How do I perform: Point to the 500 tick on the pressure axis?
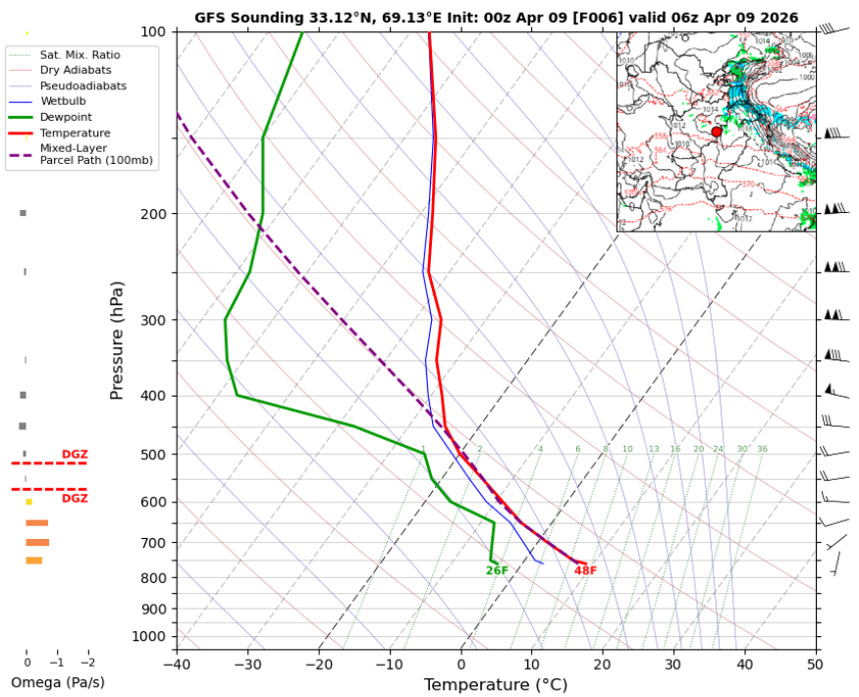pyautogui.click(x=154, y=455)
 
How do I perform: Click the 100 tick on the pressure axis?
pyautogui.click(x=154, y=32)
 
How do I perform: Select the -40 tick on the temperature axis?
pyautogui.click(x=177, y=664)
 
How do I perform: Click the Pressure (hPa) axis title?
pyautogui.click(x=118, y=340)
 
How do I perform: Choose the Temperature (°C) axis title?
pyautogui.click(x=496, y=684)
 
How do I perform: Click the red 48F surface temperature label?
pyautogui.click(x=585, y=570)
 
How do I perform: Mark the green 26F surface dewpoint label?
pyautogui.click(x=497, y=570)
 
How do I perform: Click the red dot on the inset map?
pyautogui.click(x=717, y=132)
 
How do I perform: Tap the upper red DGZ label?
pyautogui.click(x=75, y=455)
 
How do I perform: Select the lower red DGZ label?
pyautogui.click(x=75, y=499)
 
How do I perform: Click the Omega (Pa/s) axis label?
pyautogui.click(x=57, y=682)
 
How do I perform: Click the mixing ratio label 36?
pyautogui.click(x=762, y=449)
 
